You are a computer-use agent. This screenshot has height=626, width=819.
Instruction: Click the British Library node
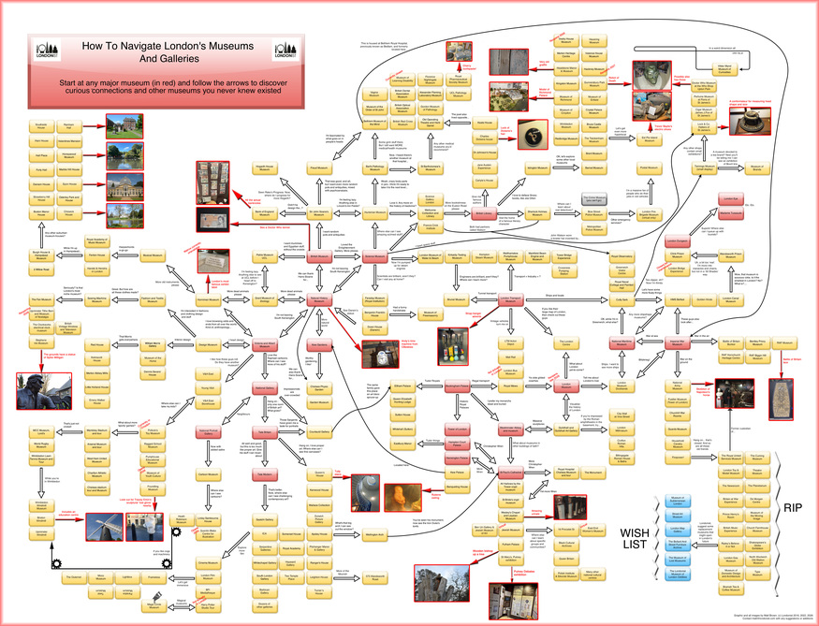[483, 213]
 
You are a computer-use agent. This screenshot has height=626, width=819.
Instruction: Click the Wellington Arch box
[374, 534]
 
